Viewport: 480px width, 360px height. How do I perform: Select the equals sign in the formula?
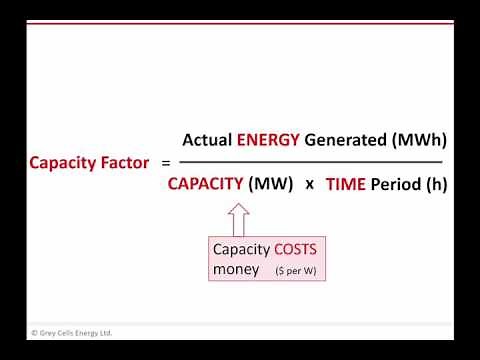click(x=166, y=161)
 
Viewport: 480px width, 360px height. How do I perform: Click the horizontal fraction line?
click(x=310, y=161)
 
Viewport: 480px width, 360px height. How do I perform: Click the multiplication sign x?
click(x=309, y=185)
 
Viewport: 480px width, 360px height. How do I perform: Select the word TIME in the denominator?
click(x=346, y=184)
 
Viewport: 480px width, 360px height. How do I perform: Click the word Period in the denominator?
click(x=396, y=184)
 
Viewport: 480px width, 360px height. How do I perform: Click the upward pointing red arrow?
click(x=238, y=218)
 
